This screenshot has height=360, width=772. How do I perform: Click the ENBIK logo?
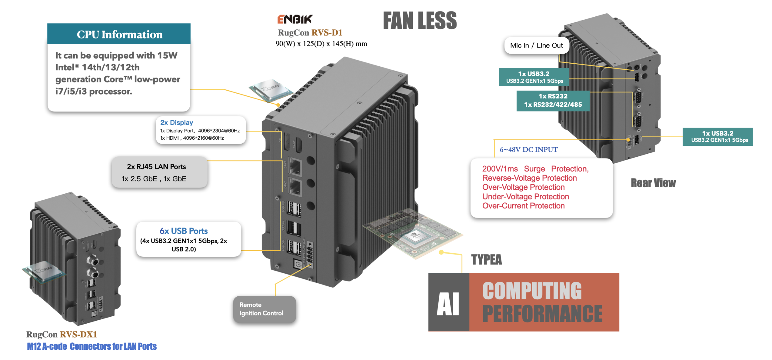294,19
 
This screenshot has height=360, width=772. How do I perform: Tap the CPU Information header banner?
119,34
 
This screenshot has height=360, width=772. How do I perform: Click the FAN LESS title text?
420,21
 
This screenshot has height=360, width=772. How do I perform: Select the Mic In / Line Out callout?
536,45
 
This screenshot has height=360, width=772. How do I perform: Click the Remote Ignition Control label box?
264,309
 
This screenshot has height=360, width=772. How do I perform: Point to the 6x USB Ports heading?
184,231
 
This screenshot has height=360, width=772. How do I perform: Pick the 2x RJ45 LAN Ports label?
156,167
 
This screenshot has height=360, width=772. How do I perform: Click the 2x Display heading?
177,122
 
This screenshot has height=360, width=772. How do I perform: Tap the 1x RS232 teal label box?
553,100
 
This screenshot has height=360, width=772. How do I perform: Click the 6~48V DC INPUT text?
528,149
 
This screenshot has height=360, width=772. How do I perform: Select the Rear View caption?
653,183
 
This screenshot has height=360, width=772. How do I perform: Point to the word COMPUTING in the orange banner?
532,291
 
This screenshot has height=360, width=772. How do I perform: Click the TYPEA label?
486,260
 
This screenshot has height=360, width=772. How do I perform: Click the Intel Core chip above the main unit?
271,89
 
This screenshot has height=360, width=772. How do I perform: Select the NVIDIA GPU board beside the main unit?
414,233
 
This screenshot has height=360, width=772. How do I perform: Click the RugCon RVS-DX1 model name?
62,334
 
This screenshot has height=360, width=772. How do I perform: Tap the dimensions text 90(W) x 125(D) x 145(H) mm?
321,44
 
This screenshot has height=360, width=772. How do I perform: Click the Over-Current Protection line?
523,206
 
